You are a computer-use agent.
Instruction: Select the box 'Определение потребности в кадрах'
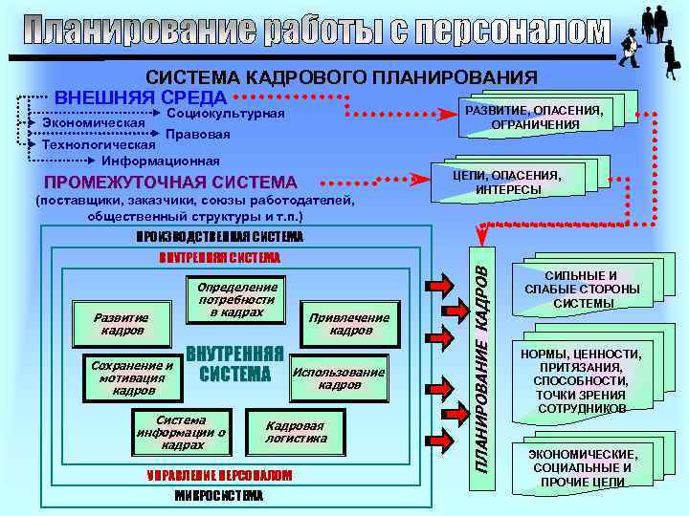236,299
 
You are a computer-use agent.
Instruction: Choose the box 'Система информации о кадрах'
181,432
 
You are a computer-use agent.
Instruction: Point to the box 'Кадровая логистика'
296,432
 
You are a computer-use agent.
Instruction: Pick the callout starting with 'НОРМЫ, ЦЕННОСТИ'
581,380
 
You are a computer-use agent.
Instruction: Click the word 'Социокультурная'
226,114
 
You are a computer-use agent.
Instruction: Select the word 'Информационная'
154,160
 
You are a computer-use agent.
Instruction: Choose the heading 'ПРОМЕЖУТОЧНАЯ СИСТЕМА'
166,182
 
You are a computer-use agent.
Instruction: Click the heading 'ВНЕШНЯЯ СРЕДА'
141,97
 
